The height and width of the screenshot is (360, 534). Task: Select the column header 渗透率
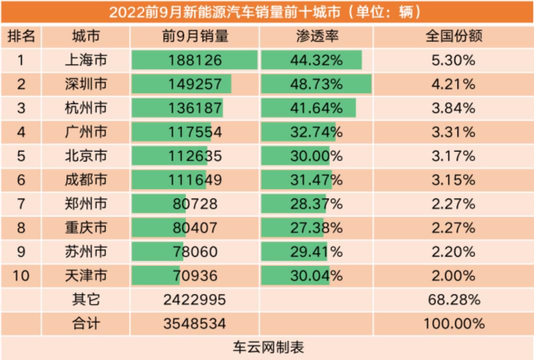pos(316,36)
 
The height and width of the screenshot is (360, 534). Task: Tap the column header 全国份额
pos(453,36)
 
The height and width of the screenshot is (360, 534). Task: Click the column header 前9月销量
pos(195,36)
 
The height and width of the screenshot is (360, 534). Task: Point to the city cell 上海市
pos(86,60)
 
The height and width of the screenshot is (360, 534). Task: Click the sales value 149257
pos(195,84)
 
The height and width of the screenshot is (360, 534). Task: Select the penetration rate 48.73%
pos(316,84)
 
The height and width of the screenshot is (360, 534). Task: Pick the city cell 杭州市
pos(86,108)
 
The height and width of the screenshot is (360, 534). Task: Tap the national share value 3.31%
pos(453,132)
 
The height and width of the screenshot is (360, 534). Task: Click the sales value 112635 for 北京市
pos(195,156)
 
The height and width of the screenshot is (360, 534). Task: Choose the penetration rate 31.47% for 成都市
pos(316,179)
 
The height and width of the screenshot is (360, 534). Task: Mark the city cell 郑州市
pos(86,203)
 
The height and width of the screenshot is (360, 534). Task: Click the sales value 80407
pos(195,227)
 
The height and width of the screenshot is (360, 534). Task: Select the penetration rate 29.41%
pos(316,251)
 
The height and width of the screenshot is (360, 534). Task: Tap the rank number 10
pos(20,275)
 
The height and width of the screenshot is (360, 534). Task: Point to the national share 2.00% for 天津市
pos(453,275)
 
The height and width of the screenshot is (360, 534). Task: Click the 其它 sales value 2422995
pos(195,299)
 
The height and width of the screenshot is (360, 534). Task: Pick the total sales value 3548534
pos(195,323)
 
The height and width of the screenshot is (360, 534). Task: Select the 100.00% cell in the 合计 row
pos(453,323)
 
